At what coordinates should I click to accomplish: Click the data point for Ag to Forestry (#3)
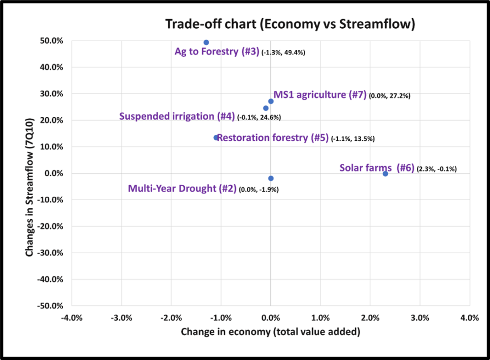(206, 43)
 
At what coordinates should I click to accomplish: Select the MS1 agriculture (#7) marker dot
(271, 101)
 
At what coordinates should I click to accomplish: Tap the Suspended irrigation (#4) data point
(266, 108)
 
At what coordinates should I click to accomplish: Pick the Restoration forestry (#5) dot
(216, 137)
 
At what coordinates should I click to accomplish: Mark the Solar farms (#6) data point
(385, 174)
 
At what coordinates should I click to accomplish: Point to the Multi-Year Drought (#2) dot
(271, 178)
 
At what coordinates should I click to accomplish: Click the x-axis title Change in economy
(270, 331)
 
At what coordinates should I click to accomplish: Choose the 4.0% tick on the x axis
(469, 318)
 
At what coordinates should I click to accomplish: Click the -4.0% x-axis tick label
(71, 318)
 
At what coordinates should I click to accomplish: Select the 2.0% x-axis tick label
(370, 318)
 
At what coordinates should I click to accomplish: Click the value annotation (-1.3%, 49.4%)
(283, 53)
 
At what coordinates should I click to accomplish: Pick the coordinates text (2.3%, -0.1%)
(437, 169)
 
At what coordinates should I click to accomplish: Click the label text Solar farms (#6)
(377, 168)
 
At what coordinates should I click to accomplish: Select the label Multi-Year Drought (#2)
(182, 189)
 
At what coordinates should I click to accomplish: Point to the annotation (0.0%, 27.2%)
(390, 96)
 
